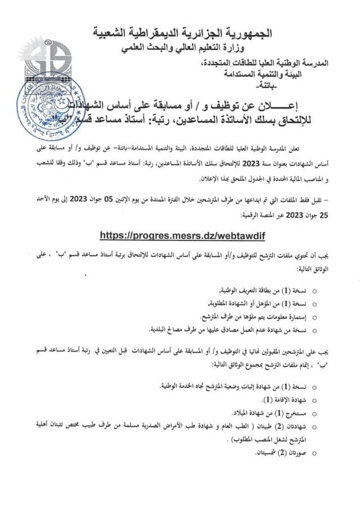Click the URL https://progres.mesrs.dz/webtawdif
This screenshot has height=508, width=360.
point(179,234)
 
